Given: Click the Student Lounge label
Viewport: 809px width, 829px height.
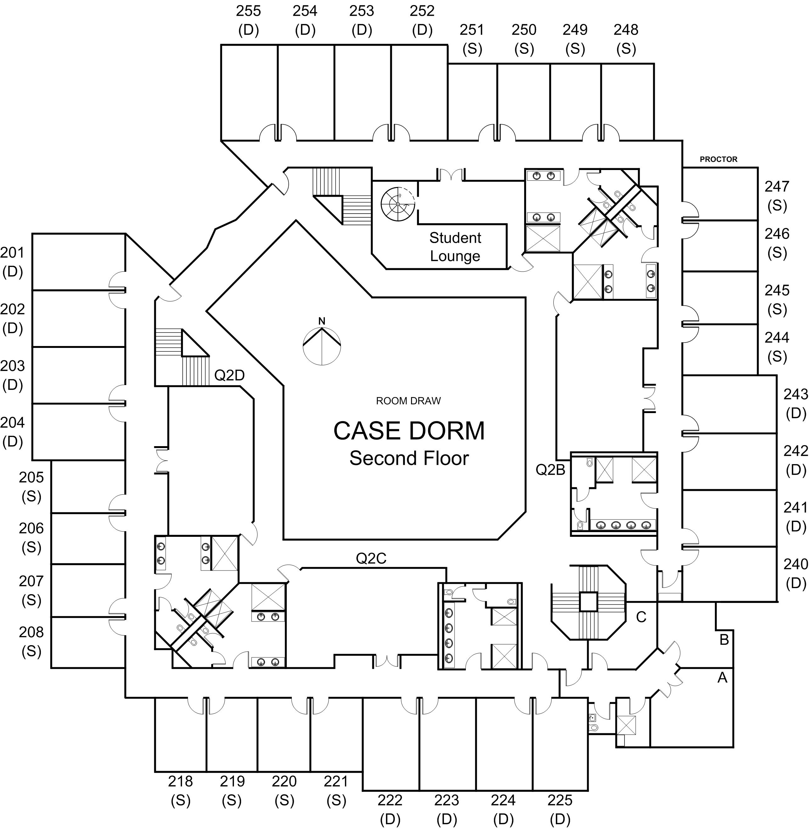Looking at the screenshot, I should [x=455, y=247].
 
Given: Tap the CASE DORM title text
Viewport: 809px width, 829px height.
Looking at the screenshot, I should [x=409, y=431].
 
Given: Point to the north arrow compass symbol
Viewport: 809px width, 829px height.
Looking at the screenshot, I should [x=322, y=343].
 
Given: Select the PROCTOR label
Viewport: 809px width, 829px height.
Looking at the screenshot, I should [x=718, y=159].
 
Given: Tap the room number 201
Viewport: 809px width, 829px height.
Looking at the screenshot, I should [x=12, y=253].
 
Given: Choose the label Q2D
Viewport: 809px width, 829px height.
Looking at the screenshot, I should [x=229, y=375].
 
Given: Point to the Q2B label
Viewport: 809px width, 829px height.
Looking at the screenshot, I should [x=550, y=469].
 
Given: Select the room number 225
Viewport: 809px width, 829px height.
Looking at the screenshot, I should [x=560, y=801].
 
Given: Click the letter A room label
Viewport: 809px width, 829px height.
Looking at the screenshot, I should [x=722, y=678].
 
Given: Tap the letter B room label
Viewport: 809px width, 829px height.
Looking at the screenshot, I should [x=724, y=639].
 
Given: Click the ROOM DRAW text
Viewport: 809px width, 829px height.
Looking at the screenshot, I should [x=408, y=401].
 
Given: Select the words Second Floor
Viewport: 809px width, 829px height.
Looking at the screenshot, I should [x=409, y=458].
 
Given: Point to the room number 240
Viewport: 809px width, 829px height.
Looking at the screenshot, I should [x=795, y=564].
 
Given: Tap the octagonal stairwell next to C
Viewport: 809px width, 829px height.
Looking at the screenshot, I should [x=588, y=603].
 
